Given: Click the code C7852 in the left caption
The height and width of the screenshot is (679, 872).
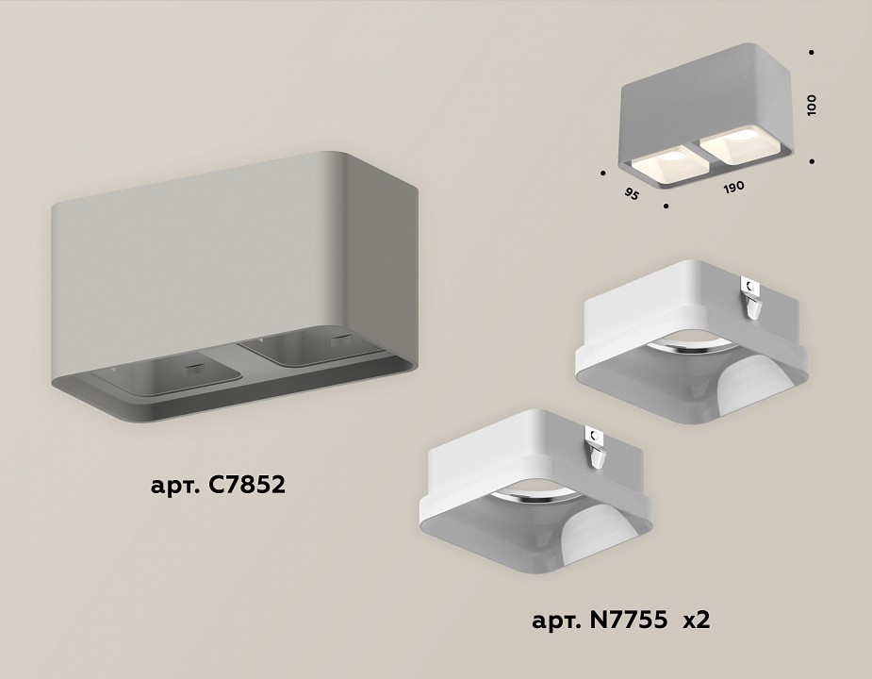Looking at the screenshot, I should click(242, 487).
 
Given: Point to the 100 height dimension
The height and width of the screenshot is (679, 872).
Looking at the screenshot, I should click(812, 105).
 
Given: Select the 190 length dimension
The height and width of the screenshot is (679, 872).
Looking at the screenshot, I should click(733, 187).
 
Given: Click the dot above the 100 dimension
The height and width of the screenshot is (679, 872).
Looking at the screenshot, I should click(812, 53).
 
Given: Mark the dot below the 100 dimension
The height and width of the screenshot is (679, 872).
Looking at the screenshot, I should click(812, 160).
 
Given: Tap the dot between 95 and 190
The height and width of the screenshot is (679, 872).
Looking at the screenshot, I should click(666, 205).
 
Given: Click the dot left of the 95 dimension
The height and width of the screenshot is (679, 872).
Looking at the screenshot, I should click(601, 173).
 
